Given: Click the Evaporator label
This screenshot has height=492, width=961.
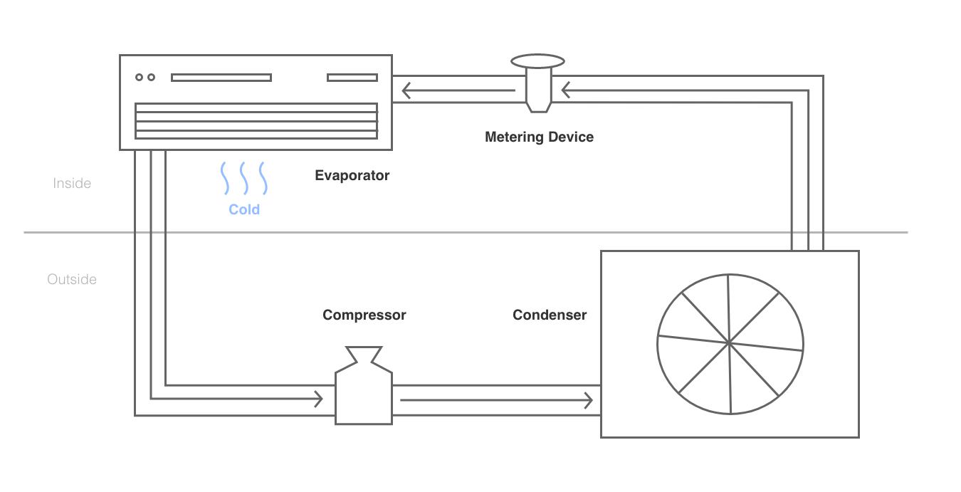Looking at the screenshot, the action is click(x=352, y=175).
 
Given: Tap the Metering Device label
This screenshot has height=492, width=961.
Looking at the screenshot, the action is click(x=540, y=137).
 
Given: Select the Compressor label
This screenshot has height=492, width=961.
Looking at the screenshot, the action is click(x=364, y=315).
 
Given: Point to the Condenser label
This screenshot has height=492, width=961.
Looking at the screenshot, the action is click(x=550, y=315).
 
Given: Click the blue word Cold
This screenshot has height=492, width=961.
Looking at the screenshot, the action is click(x=244, y=209).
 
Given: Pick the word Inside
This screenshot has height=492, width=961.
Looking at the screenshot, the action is click(x=72, y=183).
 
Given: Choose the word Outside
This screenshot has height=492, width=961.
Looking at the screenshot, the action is click(x=72, y=279).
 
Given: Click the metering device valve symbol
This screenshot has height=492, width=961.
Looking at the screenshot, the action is click(x=538, y=83).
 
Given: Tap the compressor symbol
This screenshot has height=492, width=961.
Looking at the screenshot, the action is click(x=364, y=386).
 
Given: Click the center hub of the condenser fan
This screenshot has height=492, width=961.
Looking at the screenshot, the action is click(x=730, y=343).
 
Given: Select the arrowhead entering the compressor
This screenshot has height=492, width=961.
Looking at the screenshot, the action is click(x=318, y=399).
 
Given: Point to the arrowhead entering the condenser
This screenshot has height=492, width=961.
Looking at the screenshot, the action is click(x=589, y=401).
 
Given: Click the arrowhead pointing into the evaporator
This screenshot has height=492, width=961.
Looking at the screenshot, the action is click(x=406, y=90).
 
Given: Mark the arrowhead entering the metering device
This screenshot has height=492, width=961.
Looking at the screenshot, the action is click(x=565, y=90).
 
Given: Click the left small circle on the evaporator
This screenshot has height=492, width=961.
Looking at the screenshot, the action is click(x=139, y=77).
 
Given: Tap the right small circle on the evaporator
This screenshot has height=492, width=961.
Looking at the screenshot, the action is click(x=152, y=77).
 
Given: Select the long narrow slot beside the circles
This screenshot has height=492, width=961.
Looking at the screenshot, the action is click(x=221, y=78).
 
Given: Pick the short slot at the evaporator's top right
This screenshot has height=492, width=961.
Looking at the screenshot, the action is click(x=352, y=78).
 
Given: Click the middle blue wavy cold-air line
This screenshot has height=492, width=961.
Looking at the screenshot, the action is click(x=244, y=178).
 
